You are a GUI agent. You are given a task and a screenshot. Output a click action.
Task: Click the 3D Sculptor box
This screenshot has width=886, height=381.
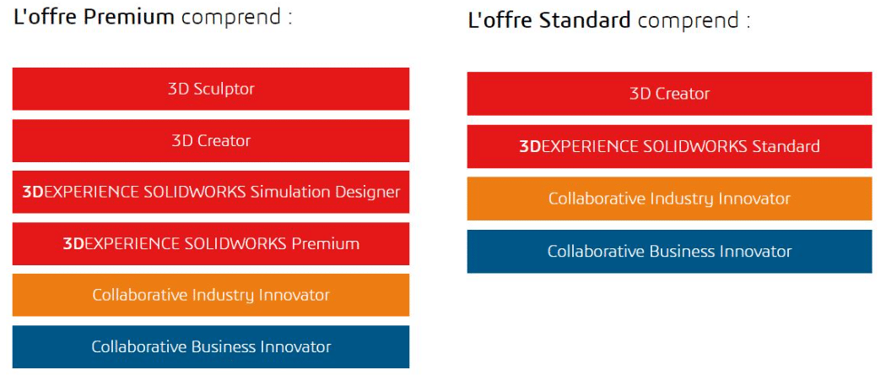pos(211,89)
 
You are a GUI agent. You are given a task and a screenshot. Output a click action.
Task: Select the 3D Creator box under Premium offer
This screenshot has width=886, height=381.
pos(211,140)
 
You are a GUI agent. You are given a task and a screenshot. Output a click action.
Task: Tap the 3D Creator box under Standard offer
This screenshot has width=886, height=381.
pos(670,94)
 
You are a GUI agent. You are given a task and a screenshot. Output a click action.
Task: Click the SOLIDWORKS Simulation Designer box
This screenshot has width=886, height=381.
pos(211,192)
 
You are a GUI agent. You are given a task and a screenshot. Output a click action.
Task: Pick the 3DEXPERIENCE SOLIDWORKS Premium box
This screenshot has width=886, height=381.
pos(211,243)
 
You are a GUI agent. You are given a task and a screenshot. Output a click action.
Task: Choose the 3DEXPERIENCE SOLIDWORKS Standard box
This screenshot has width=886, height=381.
pos(670,147)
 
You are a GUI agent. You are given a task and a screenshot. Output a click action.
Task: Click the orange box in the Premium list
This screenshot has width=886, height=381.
pos(211,295)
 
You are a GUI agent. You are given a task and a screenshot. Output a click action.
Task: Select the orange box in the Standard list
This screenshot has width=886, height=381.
pos(670,199)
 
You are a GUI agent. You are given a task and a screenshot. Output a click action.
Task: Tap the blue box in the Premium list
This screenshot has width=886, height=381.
pos(211,346)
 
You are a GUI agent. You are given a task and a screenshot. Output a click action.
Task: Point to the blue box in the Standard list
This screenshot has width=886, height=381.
pos(670,252)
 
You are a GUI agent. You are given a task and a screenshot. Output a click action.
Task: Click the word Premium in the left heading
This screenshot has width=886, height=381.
pos(129,17)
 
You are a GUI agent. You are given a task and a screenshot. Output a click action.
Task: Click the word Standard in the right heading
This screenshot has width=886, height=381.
pos(585,21)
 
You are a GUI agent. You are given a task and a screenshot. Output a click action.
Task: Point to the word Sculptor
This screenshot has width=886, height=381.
pos(224,90)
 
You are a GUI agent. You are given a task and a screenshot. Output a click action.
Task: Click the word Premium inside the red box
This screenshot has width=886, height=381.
pos(326,243)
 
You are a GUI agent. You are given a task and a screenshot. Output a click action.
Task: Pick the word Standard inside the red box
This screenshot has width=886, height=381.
pos(786,147)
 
